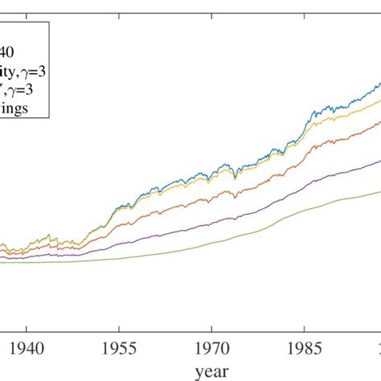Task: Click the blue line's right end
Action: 379,82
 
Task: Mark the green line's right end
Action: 379,191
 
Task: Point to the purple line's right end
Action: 379,160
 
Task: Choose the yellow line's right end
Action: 379,100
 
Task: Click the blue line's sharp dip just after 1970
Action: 235,174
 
